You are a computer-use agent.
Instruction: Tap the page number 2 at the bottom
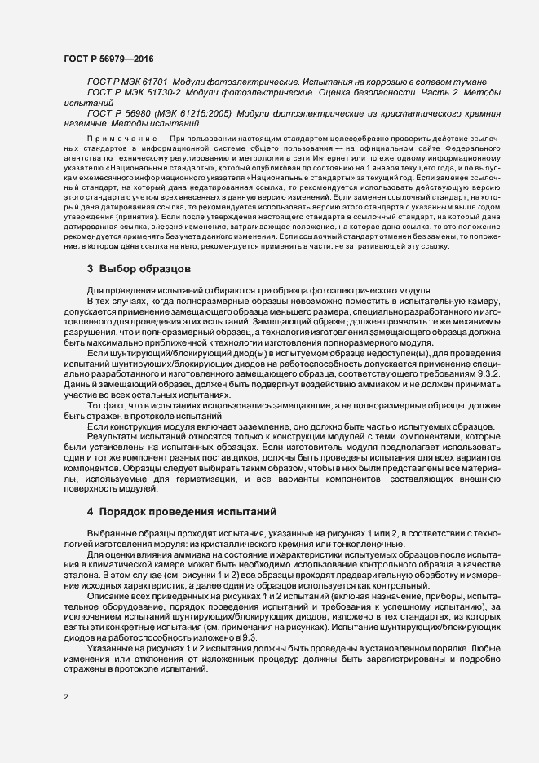66,697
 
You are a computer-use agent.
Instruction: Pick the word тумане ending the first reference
470,83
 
